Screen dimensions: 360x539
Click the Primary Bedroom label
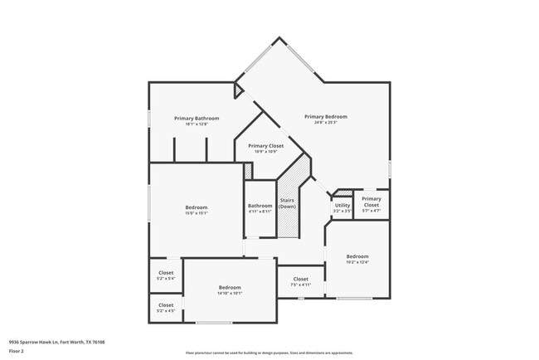(x=325, y=117)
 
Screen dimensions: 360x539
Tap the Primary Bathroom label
(x=197, y=119)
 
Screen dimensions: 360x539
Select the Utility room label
(x=342, y=205)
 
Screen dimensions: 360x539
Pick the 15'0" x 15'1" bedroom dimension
(x=197, y=213)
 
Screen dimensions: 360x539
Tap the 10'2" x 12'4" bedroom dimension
(x=357, y=262)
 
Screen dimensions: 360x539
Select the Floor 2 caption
(x=17, y=351)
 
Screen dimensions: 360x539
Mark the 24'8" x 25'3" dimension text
(x=325, y=123)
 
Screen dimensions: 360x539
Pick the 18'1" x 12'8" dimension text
(x=197, y=124)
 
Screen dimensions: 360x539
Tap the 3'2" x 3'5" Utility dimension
(x=342, y=211)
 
